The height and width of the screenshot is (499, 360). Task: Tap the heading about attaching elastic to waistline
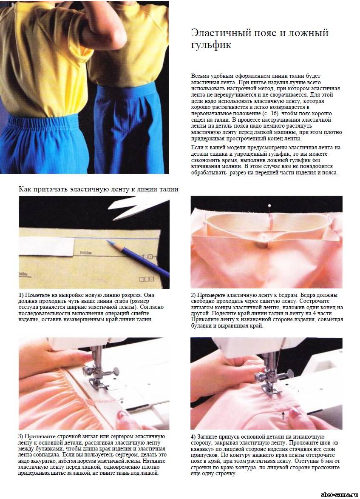click(x=99, y=189)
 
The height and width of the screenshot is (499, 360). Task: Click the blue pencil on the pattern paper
click(x=137, y=258)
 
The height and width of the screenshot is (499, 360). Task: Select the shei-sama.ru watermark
click(x=339, y=494)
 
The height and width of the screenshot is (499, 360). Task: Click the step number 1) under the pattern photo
click(x=21, y=295)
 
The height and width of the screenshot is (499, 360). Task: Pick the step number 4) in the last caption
click(x=193, y=436)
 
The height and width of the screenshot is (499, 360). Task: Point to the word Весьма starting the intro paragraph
click(x=201, y=76)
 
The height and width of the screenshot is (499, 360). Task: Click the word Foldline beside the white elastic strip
click(x=86, y=253)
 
